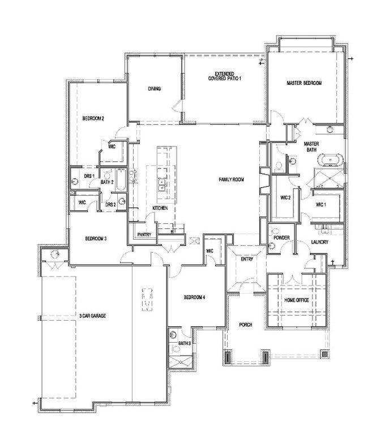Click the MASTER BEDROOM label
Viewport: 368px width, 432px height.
coord(304,83)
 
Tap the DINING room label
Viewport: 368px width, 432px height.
coord(154,89)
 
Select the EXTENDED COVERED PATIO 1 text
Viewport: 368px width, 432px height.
coord(225,76)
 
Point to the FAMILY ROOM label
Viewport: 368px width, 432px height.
coord(231,180)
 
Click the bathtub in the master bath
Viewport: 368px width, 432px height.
coord(331,160)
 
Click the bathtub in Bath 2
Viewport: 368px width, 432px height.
coord(121,180)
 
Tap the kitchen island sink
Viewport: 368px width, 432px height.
coord(162,184)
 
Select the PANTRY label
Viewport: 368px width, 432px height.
coord(144,235)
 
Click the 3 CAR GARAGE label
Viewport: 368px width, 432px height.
coord(92,316)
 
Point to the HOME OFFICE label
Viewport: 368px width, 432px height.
coord(297,300)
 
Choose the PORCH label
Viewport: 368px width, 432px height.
coord(246,325)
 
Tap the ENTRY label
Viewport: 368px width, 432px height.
coord(247,259)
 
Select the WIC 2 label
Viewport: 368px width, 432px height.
coord(285,198)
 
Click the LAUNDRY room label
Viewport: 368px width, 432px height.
coord(320,242)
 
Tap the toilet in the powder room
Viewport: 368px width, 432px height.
coord(275,231)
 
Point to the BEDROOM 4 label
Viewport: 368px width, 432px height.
coord(195,297)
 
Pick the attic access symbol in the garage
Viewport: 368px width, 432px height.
coord(147,300)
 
